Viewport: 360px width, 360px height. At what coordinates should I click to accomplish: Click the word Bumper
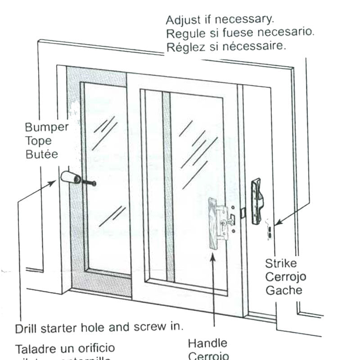click(47, 127)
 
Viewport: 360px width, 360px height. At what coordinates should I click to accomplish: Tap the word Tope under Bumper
click(38, 140)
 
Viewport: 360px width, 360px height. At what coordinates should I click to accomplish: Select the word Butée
click(41, 154)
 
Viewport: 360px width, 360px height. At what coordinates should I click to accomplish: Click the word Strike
click(281, 263)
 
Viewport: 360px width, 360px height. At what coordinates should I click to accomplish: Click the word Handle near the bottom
click(207, 343)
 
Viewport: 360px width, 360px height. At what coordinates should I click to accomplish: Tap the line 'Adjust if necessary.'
click(220, 20)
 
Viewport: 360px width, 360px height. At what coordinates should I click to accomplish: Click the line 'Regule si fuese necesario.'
click(240, 34)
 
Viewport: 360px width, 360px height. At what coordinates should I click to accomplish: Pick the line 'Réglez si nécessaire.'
click(226, 47)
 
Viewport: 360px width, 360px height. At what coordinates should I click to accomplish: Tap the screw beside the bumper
click(89, 182)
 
